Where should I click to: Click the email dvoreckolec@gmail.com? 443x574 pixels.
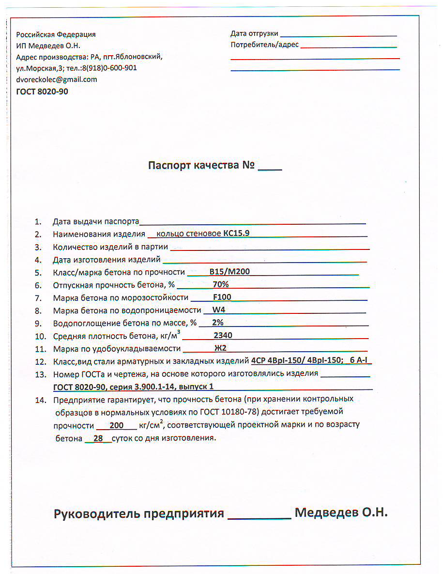[57, 79]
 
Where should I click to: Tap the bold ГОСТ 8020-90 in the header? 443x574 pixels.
[42, 91]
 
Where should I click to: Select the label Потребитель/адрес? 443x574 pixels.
[264, 45]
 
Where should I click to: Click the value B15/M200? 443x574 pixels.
[229, 271]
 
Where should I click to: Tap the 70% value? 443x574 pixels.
[220, 284]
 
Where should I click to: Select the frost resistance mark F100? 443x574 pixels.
[222, 297]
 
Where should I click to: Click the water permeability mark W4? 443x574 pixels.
[219, 310]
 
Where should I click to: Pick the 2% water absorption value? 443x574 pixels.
[217, 323]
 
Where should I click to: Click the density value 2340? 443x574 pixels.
[223, 335]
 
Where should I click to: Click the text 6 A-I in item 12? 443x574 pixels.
[359, 361]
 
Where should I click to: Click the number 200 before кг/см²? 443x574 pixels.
[117, 425]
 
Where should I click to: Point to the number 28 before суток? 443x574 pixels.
[98, 438]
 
